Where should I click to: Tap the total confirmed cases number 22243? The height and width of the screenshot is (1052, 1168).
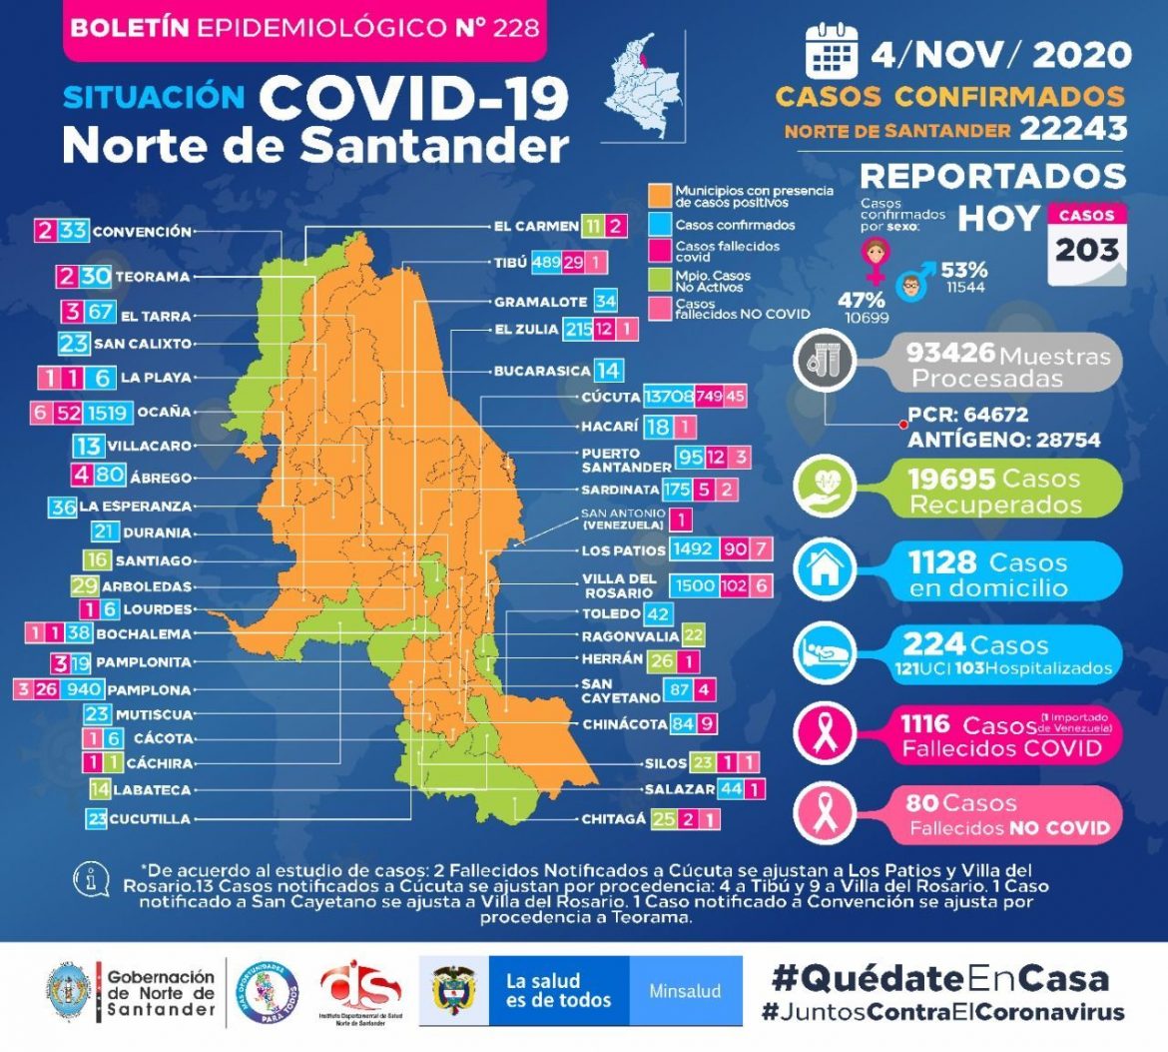[x=1073, y=128]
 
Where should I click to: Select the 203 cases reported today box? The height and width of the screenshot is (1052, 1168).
[x=1086, y=242]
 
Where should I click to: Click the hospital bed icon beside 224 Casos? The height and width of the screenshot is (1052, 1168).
[x=825, y=652]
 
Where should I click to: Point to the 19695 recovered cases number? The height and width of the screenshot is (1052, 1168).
[x=952, y=480]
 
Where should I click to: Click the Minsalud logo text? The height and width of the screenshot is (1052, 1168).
[x=685, y=991]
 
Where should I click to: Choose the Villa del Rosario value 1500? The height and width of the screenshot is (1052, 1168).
[x=697, y=585]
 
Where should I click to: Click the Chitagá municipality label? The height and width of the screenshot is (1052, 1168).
[x=613, y=819]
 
